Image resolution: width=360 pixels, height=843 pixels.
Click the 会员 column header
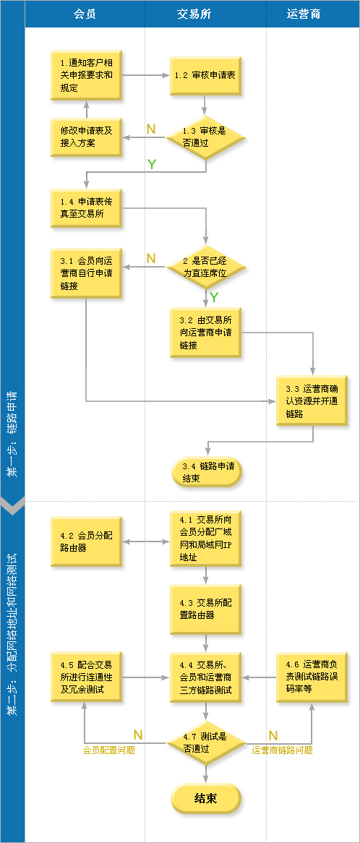[x=85, y=14]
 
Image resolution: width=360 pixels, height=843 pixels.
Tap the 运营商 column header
[x=304, y=14]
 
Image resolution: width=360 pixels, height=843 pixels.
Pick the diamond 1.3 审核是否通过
[x=205, y=137]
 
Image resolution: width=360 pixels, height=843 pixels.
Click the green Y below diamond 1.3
[x=152, y=165]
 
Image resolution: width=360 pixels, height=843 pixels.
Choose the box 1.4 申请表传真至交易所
[x=87, y=209]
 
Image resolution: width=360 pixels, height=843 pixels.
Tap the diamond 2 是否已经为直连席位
[x=205, y=268]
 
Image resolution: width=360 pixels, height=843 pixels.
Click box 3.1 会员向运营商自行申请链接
[x=87, y=273]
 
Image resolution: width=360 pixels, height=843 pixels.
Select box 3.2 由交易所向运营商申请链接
[x=205, y=333]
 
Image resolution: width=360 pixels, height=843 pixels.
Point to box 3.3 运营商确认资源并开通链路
[x=312, y=401]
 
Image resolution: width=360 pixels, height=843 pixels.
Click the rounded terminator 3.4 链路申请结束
[x=206, y=472]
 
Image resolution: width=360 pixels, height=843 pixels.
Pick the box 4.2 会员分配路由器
[x=87, y=542]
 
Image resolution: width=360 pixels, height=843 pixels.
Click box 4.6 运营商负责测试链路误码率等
[x=312, y=677]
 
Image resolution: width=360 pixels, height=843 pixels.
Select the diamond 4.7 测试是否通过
[x=206, y=743]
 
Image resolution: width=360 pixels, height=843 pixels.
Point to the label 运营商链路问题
[x=282, y=750]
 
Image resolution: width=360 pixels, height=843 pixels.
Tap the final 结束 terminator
[x=206, y=798]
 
